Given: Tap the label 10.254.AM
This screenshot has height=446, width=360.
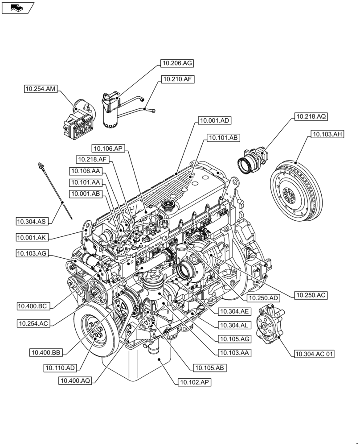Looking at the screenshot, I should tap(41, 89).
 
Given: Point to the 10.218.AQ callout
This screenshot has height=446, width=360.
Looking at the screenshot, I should tap(310, 117).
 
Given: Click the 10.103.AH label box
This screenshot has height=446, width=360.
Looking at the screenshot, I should tap(327, 133).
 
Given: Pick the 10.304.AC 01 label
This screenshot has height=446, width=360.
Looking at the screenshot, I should tap(314, 354).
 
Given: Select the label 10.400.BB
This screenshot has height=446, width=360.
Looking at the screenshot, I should tap(46, 352).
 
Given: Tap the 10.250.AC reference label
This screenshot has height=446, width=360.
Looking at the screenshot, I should tap(310, 295).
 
